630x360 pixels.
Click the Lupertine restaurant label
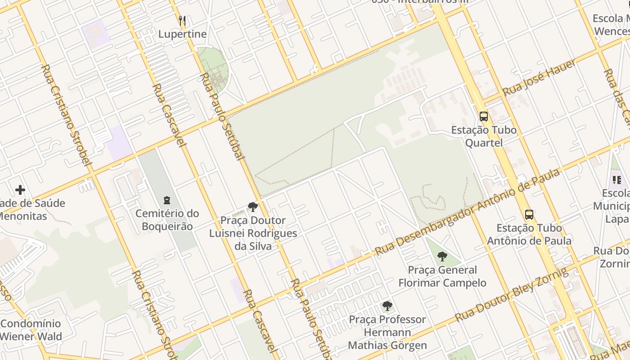point(182,34)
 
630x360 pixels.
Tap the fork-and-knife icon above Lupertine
point(182,21)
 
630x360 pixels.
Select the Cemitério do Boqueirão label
point(167,220)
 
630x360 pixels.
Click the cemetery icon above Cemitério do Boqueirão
point(167,200)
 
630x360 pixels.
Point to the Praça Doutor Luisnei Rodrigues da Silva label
point(253,233)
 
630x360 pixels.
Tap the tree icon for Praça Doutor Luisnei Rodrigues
point(253,207)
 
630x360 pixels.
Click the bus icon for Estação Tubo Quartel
point(484,117)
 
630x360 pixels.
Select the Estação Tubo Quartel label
point(484,136)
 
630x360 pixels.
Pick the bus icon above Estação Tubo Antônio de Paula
point(529,214)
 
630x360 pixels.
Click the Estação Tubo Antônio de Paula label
point(529,234)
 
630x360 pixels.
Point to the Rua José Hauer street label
point(539,77)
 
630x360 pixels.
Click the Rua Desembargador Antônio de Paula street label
point(468,211)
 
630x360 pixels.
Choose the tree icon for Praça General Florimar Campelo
point(442,256)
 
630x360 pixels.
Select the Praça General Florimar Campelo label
point(442,276)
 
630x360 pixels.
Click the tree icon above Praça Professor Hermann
point(387,306)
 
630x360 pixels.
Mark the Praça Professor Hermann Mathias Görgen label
point(387,333)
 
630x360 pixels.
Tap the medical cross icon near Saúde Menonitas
point(20,190)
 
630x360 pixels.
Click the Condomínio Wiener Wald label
point(31,330)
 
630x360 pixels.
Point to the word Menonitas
point(22,216)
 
